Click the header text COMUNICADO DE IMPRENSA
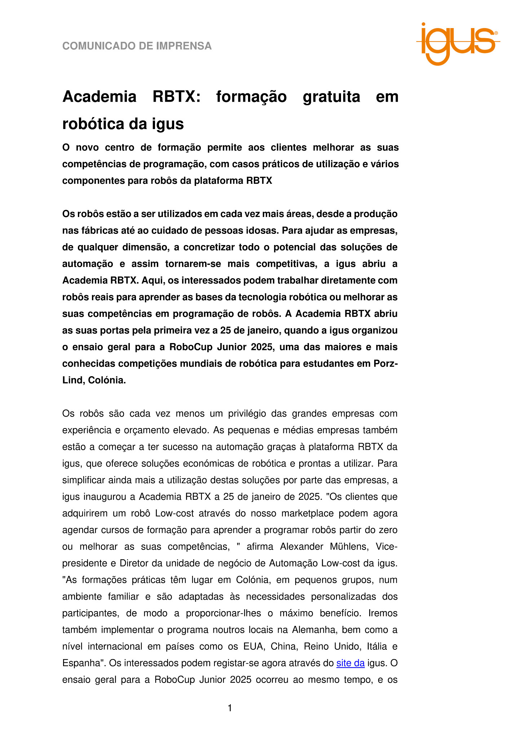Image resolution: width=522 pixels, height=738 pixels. click(137, 46)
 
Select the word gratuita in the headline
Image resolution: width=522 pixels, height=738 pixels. click(331, 97)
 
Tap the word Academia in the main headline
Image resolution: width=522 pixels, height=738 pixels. click(99, 97)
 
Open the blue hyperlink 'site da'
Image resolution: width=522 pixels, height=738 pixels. click(350, 663)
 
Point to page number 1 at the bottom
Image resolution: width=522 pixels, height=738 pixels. click(230, 708)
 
